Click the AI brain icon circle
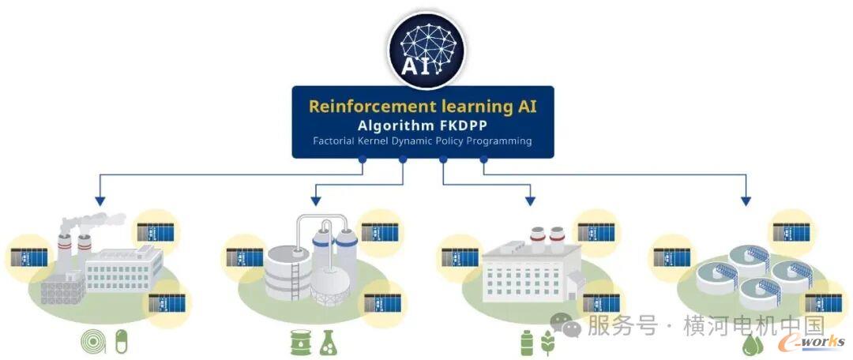click(x=426, y=50)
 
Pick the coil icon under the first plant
click(x=93, y=342)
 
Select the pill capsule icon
click(x=120, y=342)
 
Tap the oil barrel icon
click(x=301, y=342)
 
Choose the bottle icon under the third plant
click(x=527, y=343)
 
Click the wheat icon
click(x=548, y=343)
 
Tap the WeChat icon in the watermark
click(x=566, y=324)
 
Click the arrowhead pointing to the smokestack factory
click(x=99, y=201)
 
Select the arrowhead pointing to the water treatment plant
click(x=745, y=201)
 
